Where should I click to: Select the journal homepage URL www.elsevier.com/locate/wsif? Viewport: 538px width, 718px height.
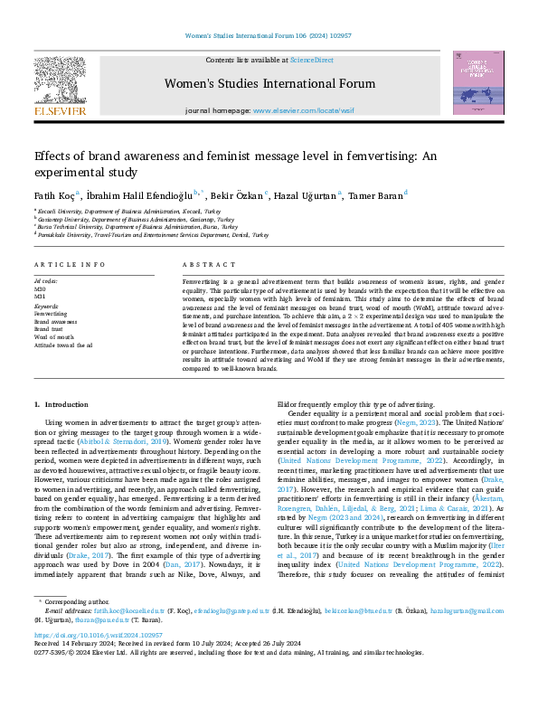297,109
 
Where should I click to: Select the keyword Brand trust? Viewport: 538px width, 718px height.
50,328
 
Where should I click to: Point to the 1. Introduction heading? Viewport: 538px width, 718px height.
61,404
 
